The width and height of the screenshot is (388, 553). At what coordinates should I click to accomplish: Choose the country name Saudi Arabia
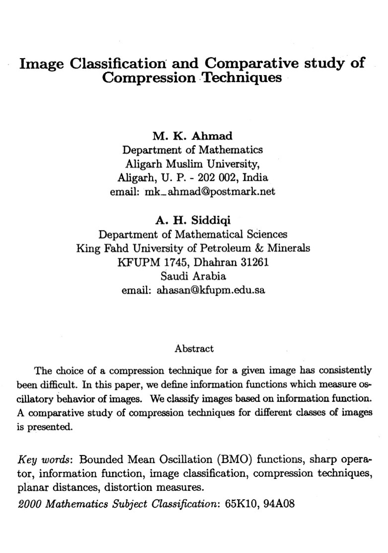194,276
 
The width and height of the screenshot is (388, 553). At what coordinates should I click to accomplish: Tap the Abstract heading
194,348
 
